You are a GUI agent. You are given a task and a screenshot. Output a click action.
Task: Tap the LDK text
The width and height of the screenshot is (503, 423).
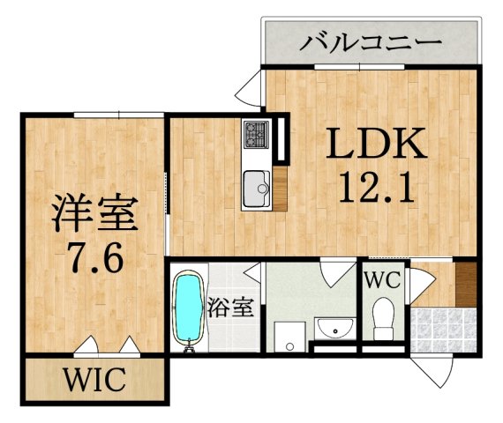point(378,143)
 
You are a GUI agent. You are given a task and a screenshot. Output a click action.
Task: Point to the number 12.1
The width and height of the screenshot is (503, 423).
point(378,187)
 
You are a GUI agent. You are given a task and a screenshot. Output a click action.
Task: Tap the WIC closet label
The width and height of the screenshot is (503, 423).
point(94,382)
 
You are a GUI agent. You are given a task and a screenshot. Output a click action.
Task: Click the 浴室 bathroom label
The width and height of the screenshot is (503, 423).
point(232,308)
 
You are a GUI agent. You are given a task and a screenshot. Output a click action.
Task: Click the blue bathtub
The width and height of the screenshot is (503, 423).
point(188,309)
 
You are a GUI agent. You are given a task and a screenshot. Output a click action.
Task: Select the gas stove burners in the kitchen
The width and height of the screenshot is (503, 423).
point(257,135)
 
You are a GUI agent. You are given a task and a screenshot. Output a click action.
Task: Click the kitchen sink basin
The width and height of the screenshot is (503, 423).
point(258,186)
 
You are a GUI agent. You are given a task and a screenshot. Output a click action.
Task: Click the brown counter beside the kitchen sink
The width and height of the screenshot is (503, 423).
point(280,186)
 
